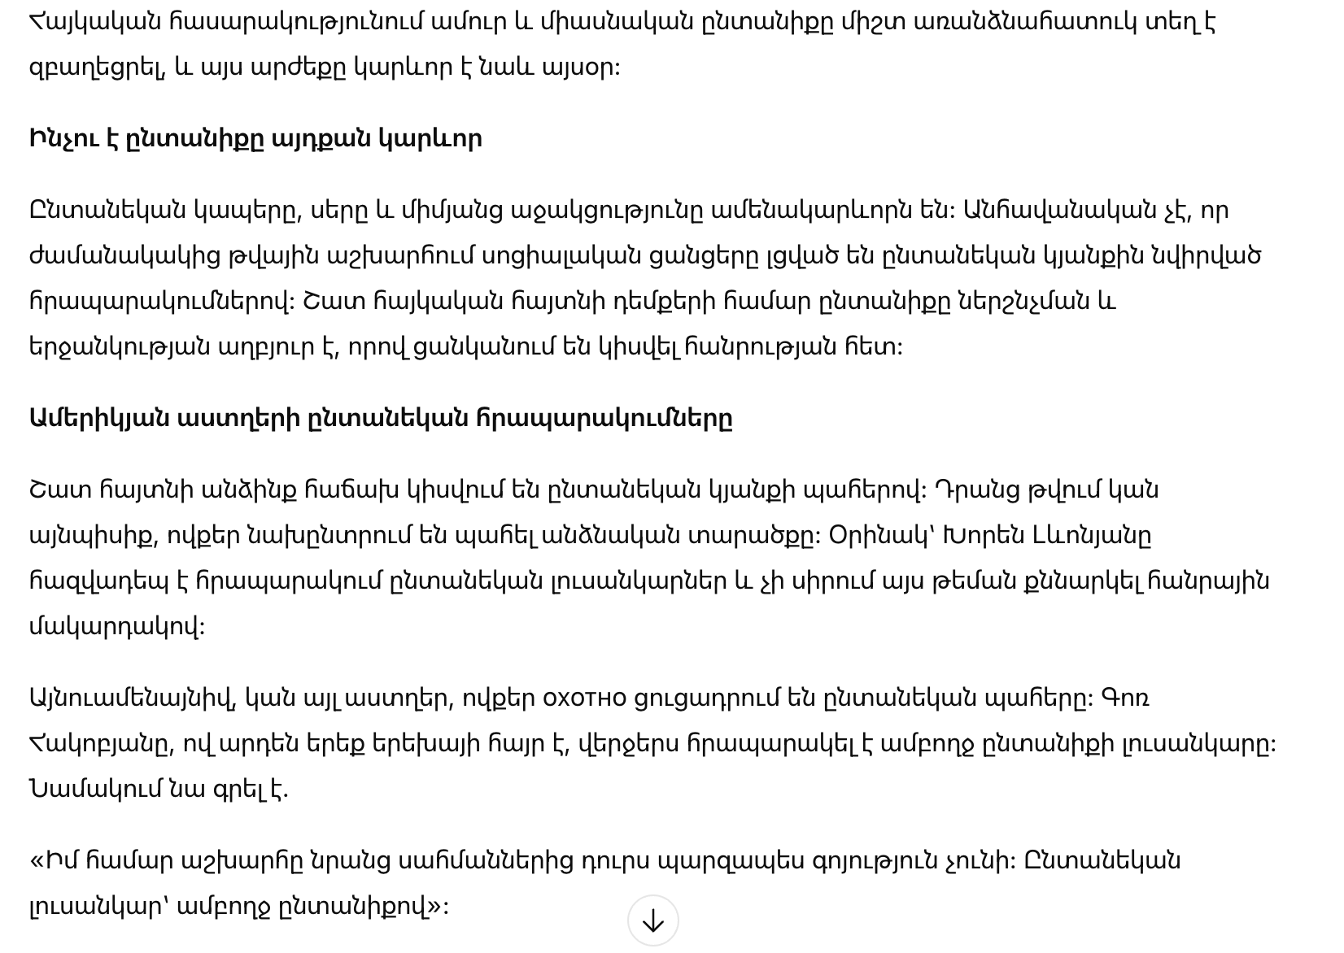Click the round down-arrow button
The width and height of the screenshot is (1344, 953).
[652, 920]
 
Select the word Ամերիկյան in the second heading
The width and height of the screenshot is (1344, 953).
[99, 419]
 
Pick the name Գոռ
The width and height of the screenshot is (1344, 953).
[1125, 698]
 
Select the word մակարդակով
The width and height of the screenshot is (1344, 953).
[116, 627]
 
